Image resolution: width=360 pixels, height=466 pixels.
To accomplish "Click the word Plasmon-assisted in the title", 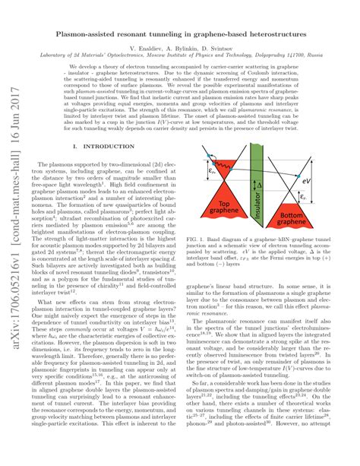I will click(x=96, y=36).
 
